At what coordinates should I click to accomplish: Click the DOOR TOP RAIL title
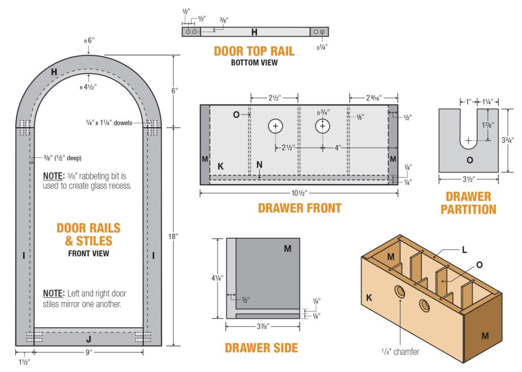(254, 51)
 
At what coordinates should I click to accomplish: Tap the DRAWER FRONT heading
(299, 208)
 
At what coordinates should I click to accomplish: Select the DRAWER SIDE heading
(261, 348)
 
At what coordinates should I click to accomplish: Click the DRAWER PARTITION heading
(468, 203)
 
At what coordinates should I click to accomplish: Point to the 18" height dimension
(174, 236)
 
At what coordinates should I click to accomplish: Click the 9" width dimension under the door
(88, 351)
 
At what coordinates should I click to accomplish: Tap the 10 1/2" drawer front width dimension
(299, 193)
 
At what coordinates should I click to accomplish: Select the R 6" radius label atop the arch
(88, 41)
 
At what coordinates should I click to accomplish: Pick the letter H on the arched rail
(54, 73)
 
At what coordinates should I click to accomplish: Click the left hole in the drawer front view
(275, 126)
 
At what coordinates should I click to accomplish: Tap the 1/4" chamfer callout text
(400, 351)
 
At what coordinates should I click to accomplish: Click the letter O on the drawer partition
(469, 160)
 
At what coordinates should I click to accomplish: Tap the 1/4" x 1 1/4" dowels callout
(115, 122)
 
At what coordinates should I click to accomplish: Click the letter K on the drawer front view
(220, 166)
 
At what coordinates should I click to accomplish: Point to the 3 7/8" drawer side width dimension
(263, 326)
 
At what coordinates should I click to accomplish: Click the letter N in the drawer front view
(259, 164)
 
